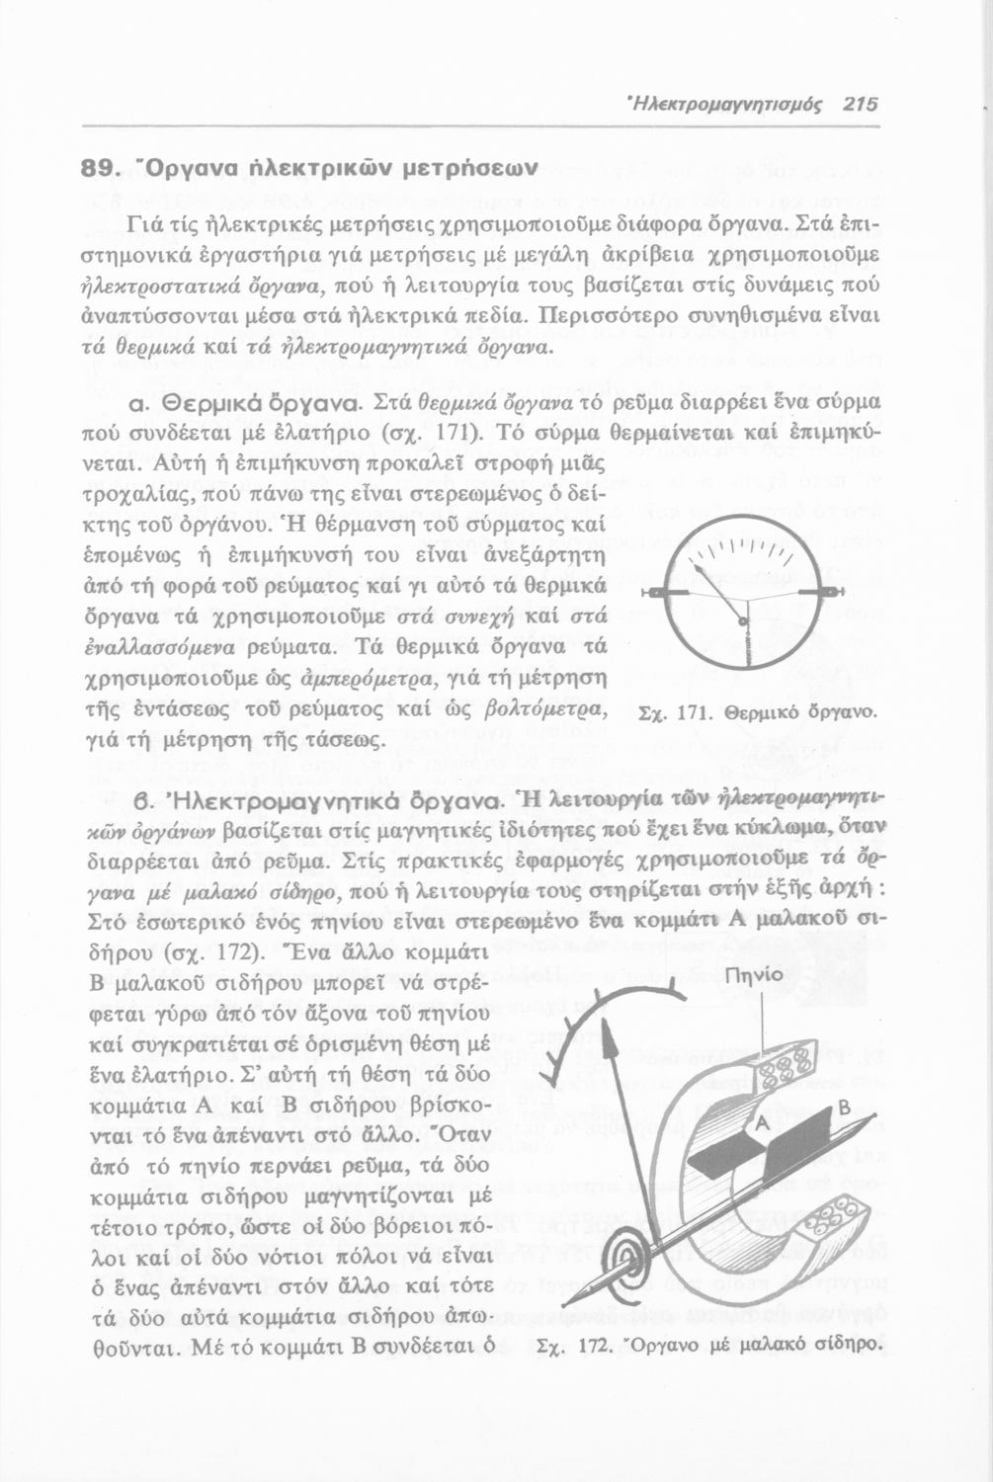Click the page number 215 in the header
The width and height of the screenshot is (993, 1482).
856,103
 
